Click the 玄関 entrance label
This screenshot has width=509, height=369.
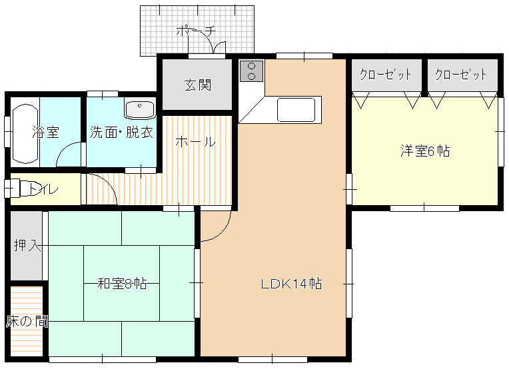[198, 85]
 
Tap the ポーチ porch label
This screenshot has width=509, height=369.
[196, 31]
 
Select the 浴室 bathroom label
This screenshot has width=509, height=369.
[45, 133]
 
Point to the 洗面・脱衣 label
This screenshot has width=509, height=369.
[121, 132]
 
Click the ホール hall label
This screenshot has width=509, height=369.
[195, 142]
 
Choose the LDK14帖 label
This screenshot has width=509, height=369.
[292, 284]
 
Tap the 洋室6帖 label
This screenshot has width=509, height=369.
[425, 151]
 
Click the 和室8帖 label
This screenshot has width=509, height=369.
[122, 284]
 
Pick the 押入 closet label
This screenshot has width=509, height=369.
[27, 245]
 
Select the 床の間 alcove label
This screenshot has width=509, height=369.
[27, 322]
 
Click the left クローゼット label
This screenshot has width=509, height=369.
[386, 75]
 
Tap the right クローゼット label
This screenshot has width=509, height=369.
[461, 75]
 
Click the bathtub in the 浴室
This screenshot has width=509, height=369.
[25, 134]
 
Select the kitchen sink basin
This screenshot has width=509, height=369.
[296, 110]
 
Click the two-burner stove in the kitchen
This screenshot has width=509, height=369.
[252, 71]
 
